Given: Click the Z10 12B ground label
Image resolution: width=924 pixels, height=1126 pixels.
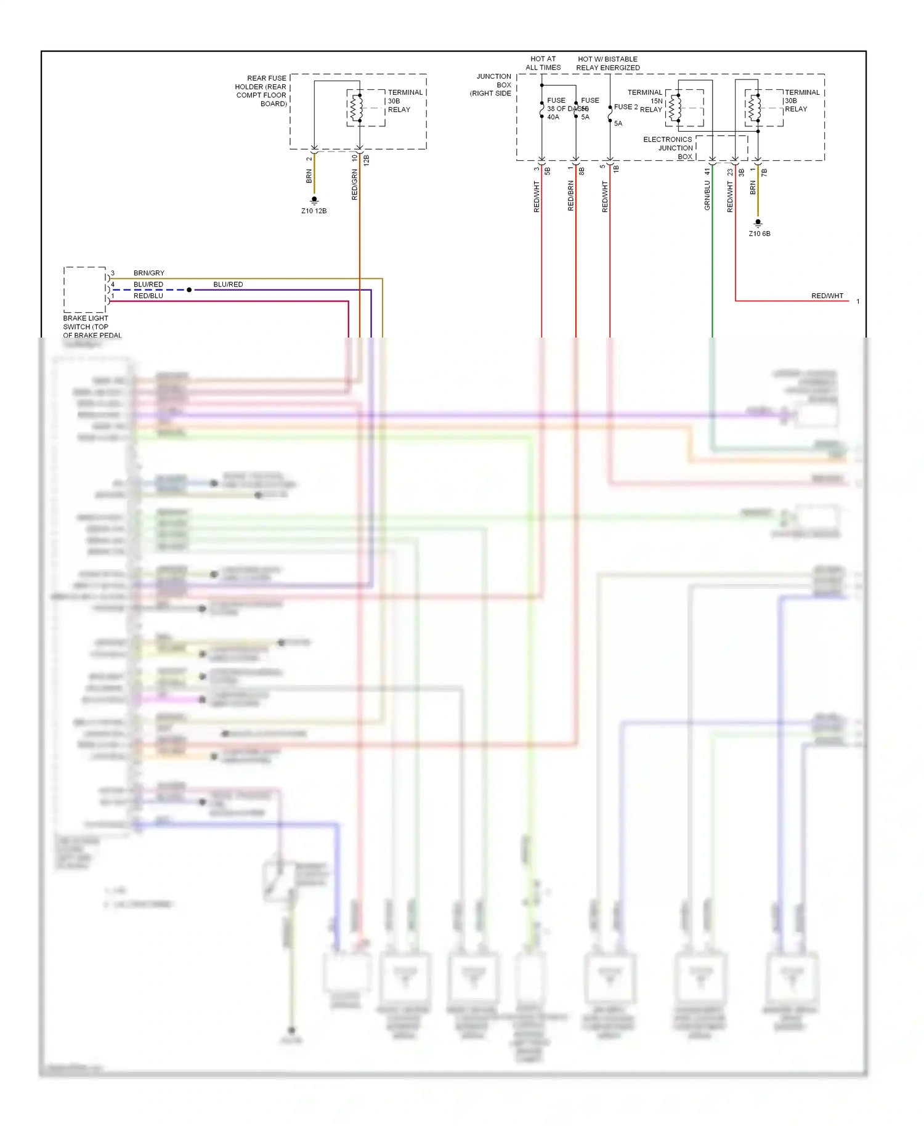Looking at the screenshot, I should [314, 211].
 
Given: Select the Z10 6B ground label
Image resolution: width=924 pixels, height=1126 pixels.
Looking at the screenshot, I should [759, 234].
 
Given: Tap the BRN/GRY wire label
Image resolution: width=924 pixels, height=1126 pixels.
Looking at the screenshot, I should [148, 273].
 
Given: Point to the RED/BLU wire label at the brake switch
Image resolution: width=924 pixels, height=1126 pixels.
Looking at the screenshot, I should [148, 296].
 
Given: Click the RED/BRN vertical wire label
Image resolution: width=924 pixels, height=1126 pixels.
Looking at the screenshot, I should [570, 196].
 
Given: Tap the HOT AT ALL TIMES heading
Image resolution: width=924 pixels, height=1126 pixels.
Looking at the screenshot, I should [543, 63].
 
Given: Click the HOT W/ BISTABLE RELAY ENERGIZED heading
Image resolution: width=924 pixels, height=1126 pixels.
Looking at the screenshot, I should [607, 63].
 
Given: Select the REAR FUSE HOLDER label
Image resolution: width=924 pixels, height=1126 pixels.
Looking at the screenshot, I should [261, 91].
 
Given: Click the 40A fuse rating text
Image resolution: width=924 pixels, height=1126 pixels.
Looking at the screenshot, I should [553, 117].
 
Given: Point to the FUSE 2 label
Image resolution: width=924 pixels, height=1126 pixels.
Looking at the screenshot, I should [626, 107].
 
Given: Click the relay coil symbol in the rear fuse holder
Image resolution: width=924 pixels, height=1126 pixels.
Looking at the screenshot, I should [356, 108].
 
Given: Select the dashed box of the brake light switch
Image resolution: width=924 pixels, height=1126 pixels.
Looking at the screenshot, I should [85, 290].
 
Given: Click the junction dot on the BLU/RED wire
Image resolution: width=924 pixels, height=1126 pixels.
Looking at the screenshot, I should [189, 290].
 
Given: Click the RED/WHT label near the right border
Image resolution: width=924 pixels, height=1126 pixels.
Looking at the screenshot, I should [827, 296].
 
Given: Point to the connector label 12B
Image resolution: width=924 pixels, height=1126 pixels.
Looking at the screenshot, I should [367, 160].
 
